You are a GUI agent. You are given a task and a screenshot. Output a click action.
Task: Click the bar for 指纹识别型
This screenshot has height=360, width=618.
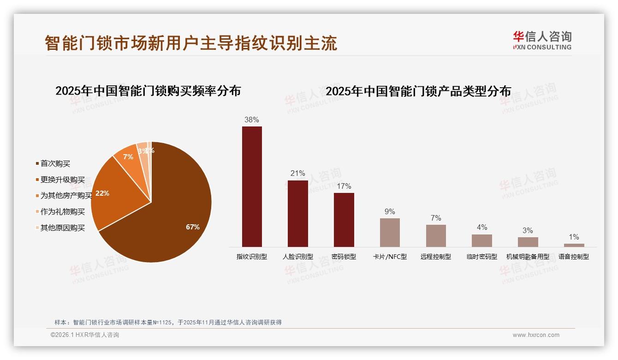[252, 186]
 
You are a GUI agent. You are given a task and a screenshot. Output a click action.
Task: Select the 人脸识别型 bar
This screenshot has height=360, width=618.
[297, 213]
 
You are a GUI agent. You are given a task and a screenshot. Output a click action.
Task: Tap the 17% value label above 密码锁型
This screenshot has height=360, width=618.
[344, 186]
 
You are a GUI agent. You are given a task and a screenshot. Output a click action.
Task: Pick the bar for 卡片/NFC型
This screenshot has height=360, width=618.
[390, 232]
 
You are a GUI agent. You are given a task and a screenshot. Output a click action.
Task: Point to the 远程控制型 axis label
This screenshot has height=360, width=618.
[435, 257]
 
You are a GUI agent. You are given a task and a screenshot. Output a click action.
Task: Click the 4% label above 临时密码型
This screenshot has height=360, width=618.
[481, 227]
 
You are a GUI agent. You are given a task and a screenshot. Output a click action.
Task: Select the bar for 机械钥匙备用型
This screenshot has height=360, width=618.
[528, 242]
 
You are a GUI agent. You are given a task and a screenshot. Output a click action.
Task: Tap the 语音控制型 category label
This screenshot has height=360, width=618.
[573, 257]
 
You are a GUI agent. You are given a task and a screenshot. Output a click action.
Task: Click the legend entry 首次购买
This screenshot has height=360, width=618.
[55, 163]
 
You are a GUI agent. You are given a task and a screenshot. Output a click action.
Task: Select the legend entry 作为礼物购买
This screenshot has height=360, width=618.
[62, 212]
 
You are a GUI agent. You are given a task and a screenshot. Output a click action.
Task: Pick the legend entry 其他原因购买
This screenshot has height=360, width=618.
[62, 228]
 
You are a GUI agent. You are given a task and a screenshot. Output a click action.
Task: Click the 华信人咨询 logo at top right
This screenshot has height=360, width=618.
[542, 40]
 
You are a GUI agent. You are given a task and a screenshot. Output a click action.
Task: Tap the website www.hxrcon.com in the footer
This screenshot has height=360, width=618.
[536, 335]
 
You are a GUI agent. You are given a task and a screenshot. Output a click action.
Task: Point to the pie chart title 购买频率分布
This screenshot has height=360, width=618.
[148, 91]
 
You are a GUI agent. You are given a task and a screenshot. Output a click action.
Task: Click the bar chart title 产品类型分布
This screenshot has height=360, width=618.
[418, 91]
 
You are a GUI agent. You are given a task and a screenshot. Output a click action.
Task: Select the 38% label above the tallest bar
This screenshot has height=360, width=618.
[251, 120]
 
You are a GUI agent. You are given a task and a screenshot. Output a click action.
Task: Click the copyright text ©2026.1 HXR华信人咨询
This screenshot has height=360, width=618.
[85, 335]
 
